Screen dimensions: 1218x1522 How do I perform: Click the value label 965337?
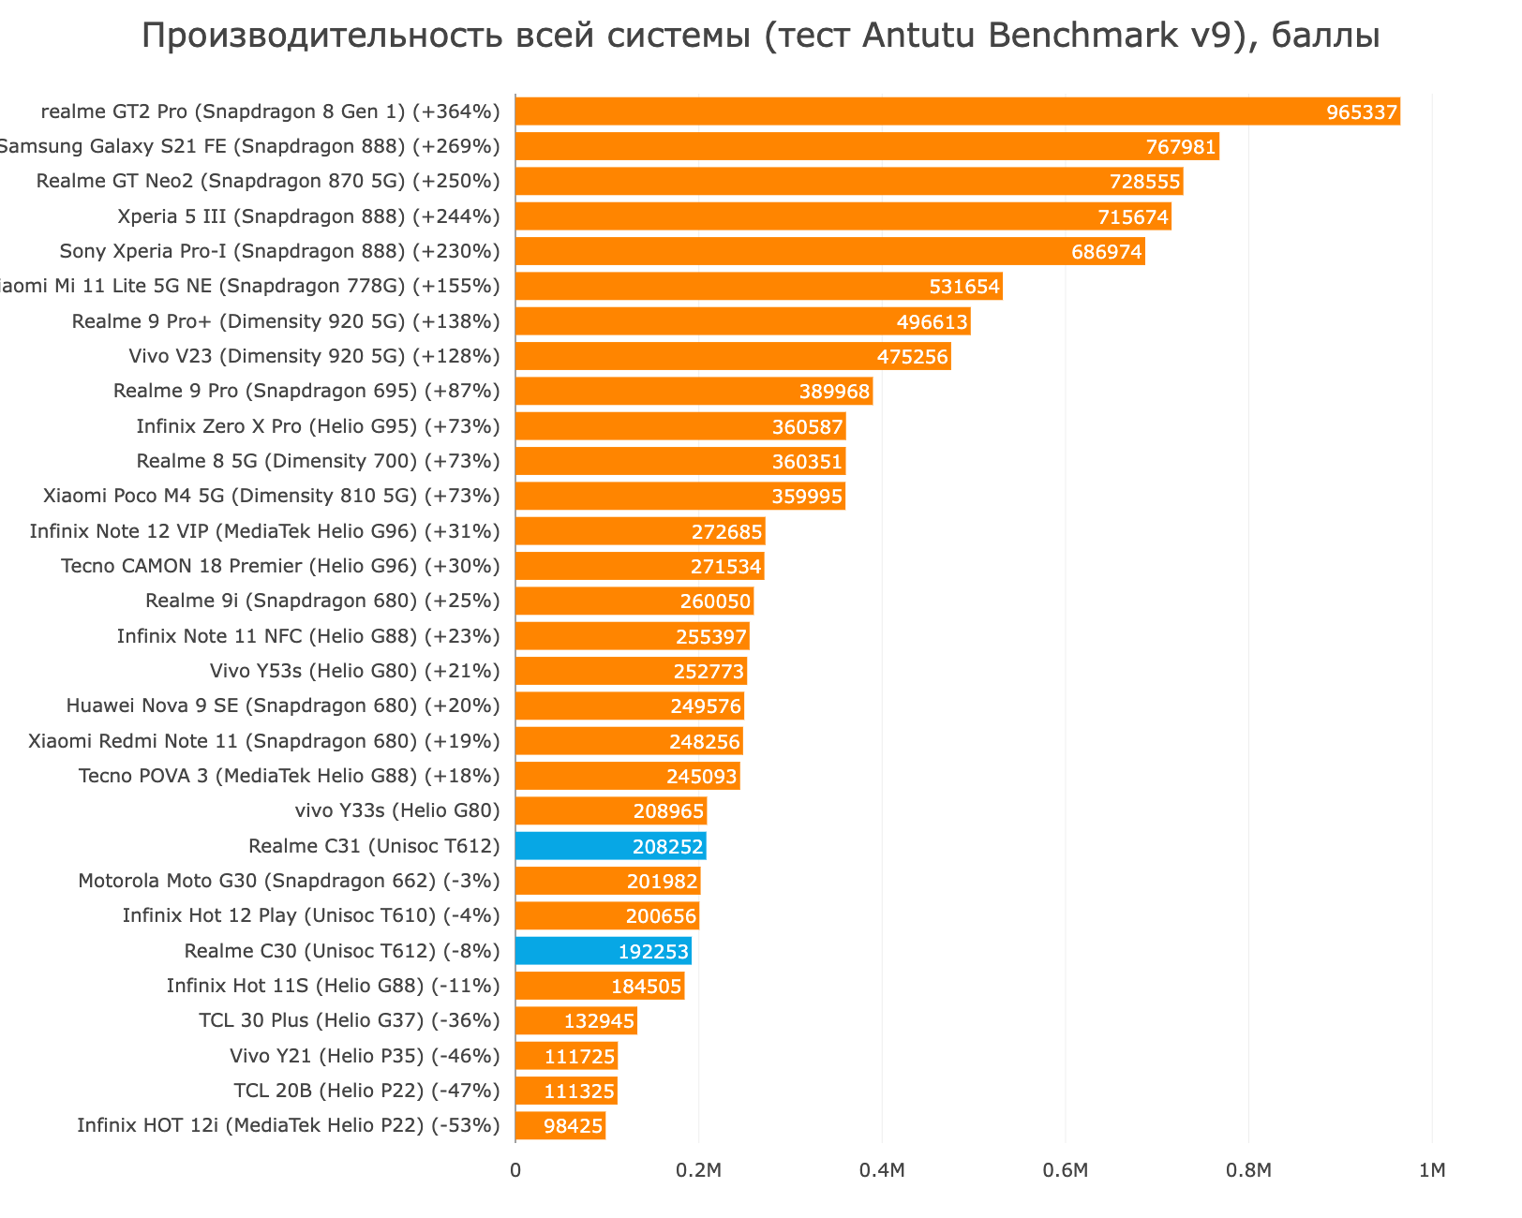(x=1362, y=112)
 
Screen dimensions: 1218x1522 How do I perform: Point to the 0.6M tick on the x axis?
(x=1066, y=1170)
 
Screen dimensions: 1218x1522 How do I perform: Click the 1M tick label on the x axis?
(x=1432, y=1170)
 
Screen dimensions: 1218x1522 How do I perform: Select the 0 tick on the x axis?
(x=515, y=1170)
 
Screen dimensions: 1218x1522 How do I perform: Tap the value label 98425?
(x=573, y=1126)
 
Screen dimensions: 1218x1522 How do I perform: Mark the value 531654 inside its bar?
(x=964, y=287)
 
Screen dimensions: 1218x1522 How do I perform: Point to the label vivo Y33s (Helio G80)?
(x=397, y=810)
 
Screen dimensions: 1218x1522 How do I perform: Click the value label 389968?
(x=834, y=392)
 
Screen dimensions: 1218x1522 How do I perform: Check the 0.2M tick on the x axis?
(x=698, y=1170)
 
